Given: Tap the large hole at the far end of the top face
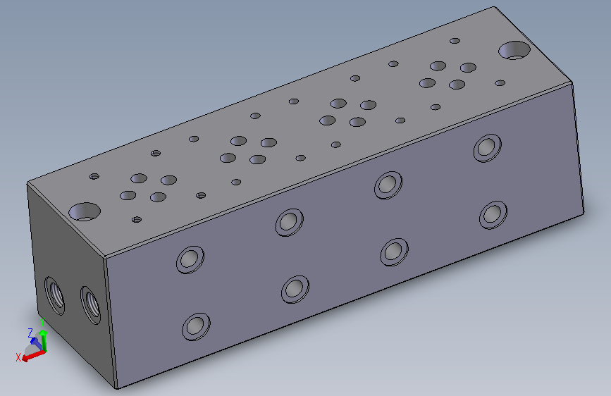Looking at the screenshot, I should tap(514, 50).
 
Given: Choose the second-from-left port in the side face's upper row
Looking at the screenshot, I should tap(288, 221).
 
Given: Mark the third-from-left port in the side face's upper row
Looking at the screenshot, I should tap(387, 184).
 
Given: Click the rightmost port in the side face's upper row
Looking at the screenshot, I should tap(486, 147).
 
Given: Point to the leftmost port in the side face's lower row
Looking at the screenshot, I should tap(196, 326).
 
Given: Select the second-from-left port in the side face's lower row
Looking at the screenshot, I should tap(295, 288).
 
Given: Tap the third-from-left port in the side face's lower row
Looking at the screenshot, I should tap(394, 251).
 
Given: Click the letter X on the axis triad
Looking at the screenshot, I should tap(18, 357).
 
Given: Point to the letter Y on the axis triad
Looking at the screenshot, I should tap(43, 323).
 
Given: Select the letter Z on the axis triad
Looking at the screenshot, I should tap(30, 331).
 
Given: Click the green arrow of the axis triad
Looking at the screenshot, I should tap(43, 340).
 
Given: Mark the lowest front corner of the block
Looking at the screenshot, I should tap(116, 388).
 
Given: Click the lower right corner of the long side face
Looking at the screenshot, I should tap(584, 211).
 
